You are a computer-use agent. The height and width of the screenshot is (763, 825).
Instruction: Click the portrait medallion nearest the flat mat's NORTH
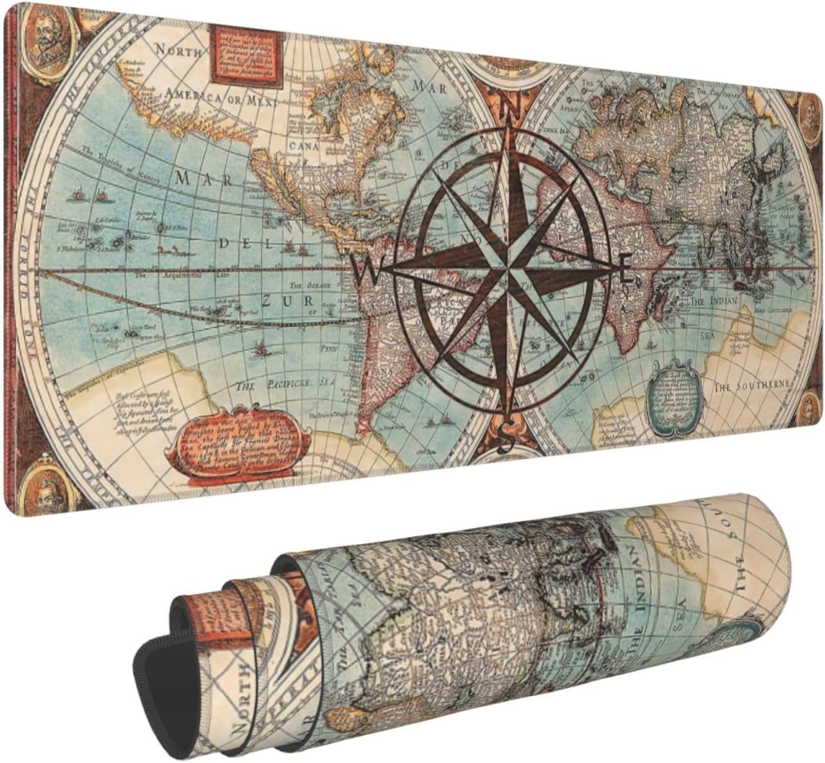click(x=46, y=34)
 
